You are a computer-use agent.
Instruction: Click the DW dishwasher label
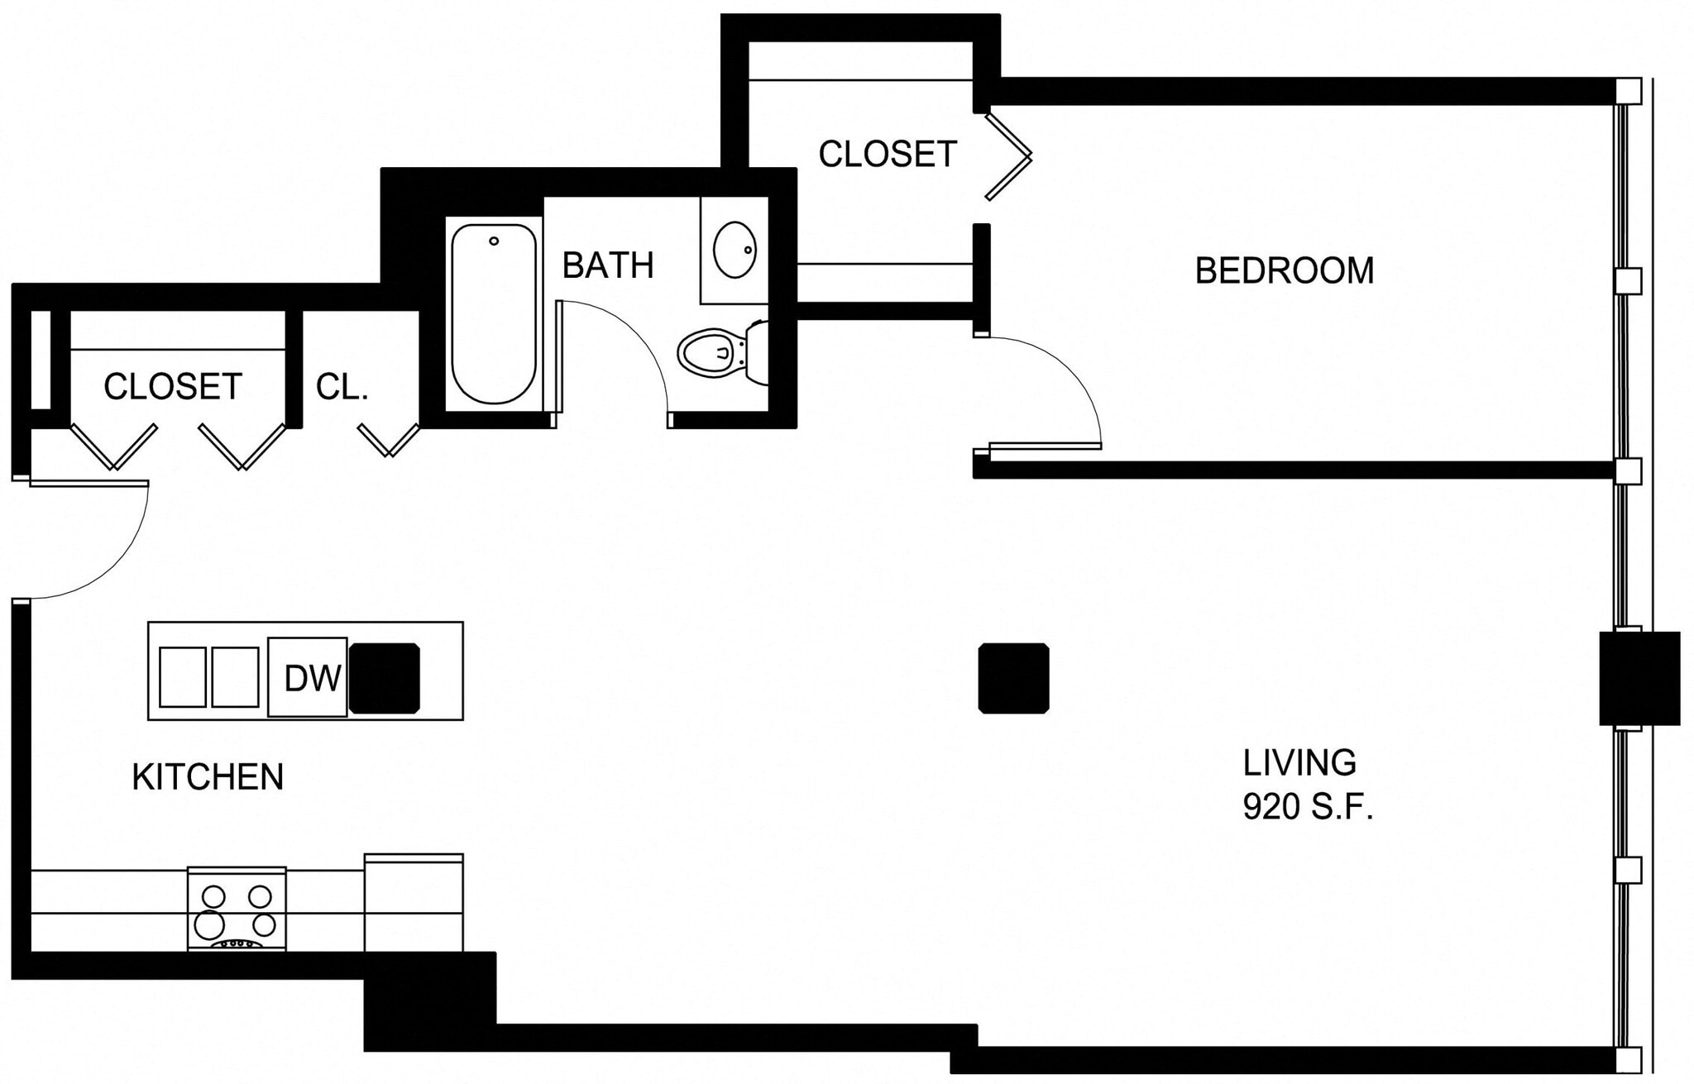(x=312, y=678)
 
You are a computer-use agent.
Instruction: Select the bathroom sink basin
(x=735, y=249)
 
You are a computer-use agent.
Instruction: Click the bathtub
(x=493, y=313)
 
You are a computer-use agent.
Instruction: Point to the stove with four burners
(x=237, y=910)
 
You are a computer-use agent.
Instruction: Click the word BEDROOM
(x=1284, y=271)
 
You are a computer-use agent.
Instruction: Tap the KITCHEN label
(x=208, y=777)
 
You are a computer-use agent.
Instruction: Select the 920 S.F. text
(x=1308, y=807)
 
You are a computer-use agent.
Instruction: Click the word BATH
(x=608, y=265)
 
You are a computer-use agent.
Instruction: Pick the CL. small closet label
(x=342, y=387)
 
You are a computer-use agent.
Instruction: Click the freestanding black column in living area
(x=1013, y=678)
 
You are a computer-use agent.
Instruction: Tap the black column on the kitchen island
(x=385, y=678)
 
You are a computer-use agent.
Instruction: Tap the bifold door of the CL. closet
(x=389, y=441)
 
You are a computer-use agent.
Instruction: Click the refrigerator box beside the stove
(x=414, y=903)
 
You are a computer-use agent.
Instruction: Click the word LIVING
(x=1299, y=762)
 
